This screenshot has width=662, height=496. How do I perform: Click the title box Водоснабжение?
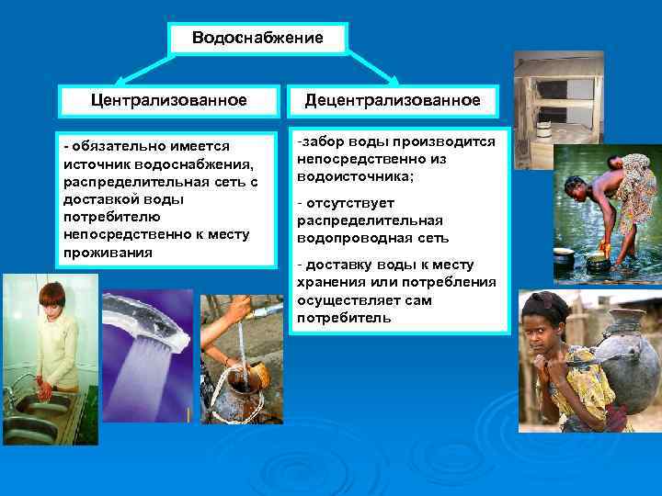(x=257, y=39)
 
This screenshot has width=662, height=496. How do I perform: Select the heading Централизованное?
(x=168, y=99)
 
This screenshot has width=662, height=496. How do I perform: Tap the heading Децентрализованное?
(x=393, y=99)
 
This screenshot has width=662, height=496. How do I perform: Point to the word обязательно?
(x=111, y=147)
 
